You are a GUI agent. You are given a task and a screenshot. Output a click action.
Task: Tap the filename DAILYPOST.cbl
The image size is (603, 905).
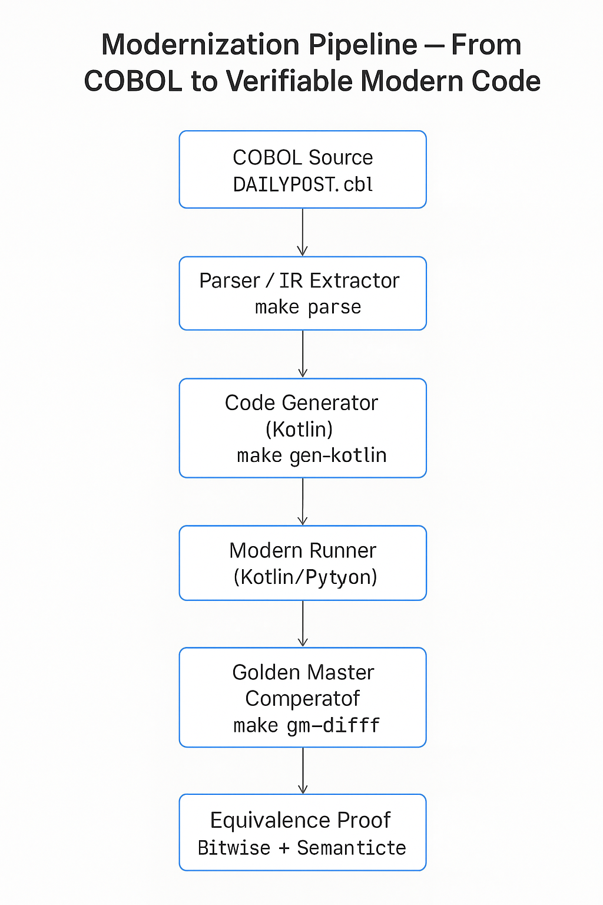point(303,184)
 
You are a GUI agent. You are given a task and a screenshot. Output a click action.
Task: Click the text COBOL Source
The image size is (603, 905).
point(303,157)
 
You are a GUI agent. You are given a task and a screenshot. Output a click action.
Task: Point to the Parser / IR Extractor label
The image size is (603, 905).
point(299,280)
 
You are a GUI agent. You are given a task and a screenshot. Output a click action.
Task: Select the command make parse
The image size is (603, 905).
point(307,307)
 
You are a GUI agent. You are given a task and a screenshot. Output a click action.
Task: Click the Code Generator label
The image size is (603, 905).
point(301,403)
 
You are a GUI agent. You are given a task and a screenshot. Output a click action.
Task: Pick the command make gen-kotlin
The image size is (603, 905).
point(312,455)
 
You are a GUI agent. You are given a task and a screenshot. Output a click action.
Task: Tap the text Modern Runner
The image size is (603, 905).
point(303,550)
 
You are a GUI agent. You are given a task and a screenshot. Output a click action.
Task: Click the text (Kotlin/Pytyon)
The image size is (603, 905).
point(305,577)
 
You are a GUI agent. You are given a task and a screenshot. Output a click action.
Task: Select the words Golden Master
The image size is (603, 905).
point(303,672)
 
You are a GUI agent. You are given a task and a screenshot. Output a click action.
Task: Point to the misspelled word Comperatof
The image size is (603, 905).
point(302,699)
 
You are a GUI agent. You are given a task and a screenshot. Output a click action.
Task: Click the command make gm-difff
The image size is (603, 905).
point(306,725)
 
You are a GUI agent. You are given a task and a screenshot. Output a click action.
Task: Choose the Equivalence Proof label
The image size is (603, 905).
point(300,820)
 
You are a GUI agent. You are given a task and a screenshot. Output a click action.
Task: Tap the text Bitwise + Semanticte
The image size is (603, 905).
point(301,848)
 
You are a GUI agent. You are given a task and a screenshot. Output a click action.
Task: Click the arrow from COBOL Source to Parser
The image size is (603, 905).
point(303,232)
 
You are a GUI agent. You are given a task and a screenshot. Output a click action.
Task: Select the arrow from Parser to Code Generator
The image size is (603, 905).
point(303,354)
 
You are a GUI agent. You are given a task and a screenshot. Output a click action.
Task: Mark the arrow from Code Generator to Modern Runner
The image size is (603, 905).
point(303,501)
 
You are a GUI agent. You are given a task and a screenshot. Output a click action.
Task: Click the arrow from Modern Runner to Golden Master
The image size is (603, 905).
point(303,624)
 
